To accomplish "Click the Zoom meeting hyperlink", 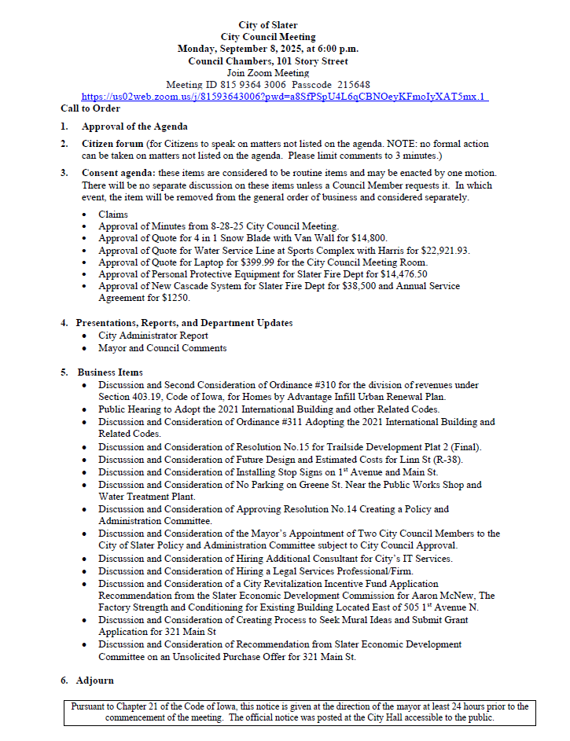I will (x=285, y=97).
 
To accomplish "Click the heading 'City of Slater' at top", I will (x=268, y=26).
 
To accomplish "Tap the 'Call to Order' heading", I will (x=90, y=108).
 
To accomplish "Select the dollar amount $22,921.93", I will (x=442, y=251).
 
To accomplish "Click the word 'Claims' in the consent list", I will (x=113, y=215).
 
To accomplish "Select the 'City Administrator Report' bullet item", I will (x=153, y=336).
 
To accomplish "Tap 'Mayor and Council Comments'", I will (x=162, y=348).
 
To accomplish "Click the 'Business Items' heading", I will (x=110, y=372).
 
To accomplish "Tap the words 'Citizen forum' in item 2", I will (x=112, y=144).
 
